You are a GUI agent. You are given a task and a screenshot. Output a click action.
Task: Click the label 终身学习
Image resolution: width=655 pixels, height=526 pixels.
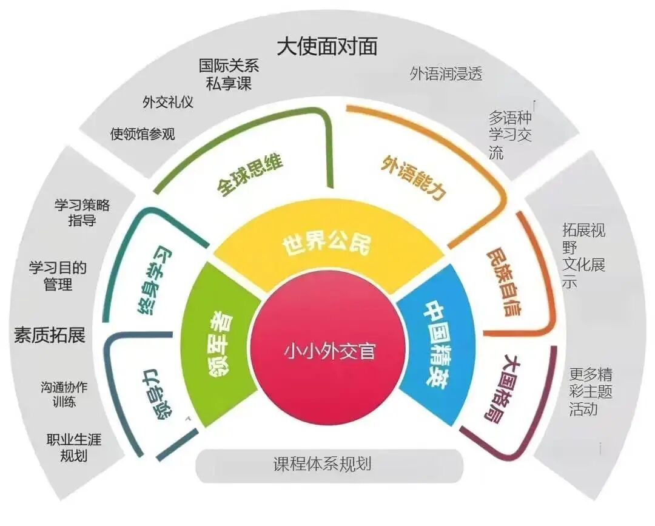tap(154, 282)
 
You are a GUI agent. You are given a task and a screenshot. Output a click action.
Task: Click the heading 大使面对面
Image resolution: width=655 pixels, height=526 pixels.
tap(327, 46)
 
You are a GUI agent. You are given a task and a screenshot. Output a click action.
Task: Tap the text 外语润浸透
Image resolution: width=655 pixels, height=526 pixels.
tap(446, 74)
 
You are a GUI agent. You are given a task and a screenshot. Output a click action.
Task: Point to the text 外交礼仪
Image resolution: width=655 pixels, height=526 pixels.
tap(168, 102)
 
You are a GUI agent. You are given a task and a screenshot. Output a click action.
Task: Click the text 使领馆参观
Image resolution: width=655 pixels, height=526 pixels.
tap(143, 133)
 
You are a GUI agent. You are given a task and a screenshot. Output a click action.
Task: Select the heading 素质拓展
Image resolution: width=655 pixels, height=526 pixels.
tap(50, 335)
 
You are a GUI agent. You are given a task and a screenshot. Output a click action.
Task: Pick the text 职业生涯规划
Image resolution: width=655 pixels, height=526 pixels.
tap(73, 448)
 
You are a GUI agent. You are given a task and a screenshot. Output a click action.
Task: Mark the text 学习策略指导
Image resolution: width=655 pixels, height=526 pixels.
tap(82, 212)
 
